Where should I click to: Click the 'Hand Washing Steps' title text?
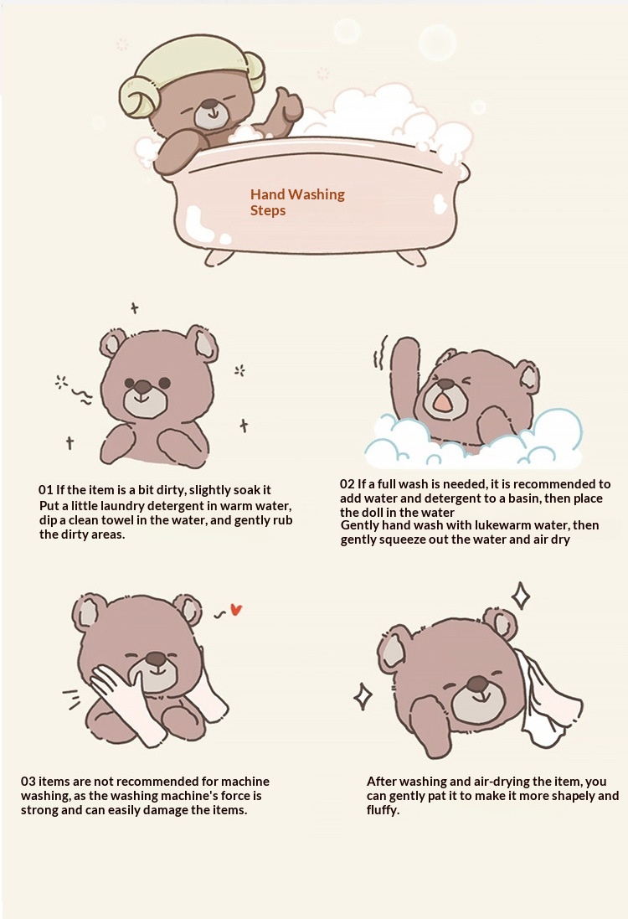[x=297, y=202]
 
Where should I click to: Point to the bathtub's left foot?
[x=214, y=259]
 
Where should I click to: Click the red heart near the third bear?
[x=236, y=610]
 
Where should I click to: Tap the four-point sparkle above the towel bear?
[x=521, y=596]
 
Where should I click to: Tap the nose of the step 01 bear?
[x=142, y=387]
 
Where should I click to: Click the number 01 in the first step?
[x=45, y=490]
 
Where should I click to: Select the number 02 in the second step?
[x=347, y=484]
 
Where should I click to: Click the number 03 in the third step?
[x=28, y=782]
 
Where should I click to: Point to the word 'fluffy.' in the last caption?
[x=383, y=811]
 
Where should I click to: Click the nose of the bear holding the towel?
[x=476, y=684]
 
